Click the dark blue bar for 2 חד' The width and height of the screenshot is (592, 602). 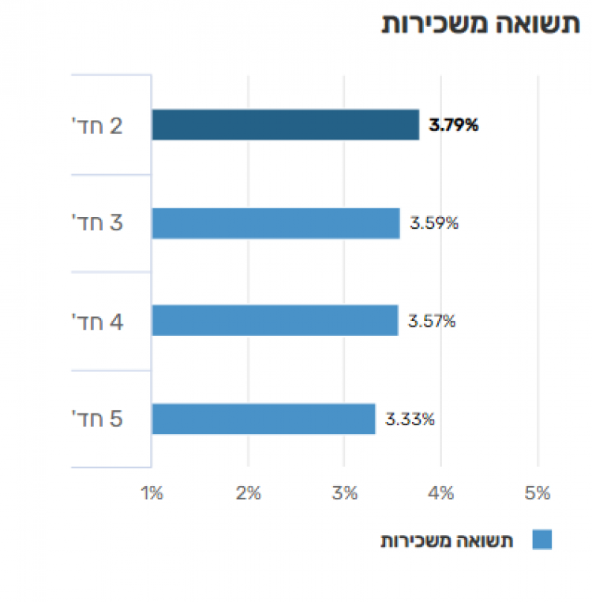pyautogui.click(x=285, y=125)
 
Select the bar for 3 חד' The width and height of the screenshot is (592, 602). pyautogui.click(x=275, y=223)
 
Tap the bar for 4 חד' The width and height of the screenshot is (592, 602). pyautogui.click(x=275, y=321)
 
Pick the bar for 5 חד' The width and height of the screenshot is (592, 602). pyautogui.click(x=264, y=419)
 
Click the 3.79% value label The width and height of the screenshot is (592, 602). pyautogui.click(x=453, y=125)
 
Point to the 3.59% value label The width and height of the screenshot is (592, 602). pyautogui.click(x=433, y=223)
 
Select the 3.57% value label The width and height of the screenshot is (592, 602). pyautogui.click(x=432, y=321)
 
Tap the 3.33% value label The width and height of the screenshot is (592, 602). pyautogui.click(x=410, y=419)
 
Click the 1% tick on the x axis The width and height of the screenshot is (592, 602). pyautogui.click(x=152, y=494)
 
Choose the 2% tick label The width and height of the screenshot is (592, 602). pyautogui.click(x=249, y=494)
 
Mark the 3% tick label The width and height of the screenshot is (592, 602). pyautogui.click(x=345, y=494)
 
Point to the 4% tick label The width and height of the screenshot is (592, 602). pyautogui.click(x=441, y=494)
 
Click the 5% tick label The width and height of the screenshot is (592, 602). pyautogui.click(x=538, y=494)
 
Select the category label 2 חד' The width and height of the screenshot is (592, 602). pyautogui.click(x=98, y=125)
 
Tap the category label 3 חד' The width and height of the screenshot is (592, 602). pyautogui.click(x=98, y=223)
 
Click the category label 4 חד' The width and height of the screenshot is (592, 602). pyautogui.click(x=98, y=321)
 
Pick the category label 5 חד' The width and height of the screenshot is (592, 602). pyautogui.click(x=98, y=419)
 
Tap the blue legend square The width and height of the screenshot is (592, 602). pyautogui.click(x=541, y=540)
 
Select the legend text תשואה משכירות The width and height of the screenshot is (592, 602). pyautogui.click(x=447, y=541)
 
